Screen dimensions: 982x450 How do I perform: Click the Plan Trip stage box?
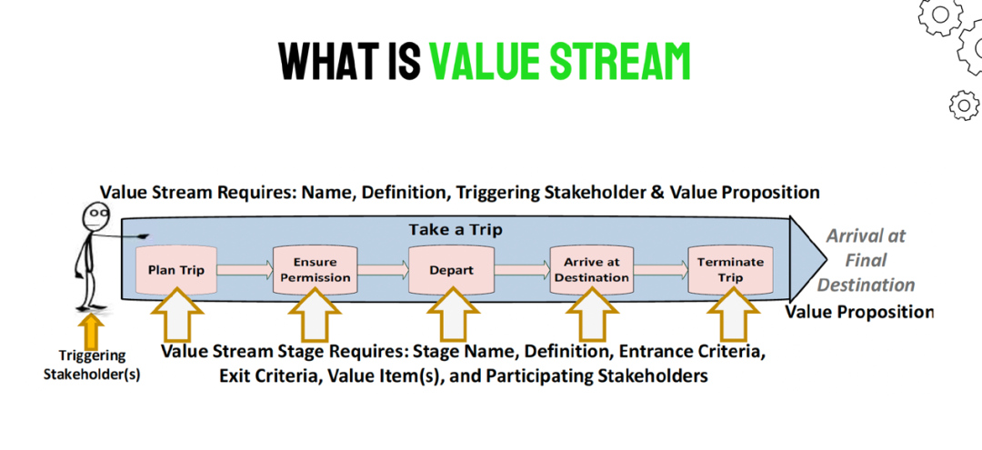click(177, 270)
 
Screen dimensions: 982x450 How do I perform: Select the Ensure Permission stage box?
click(316, 270)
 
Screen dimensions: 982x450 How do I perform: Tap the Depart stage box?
click(452, 270)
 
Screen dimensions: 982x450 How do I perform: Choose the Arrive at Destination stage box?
click(592, 270)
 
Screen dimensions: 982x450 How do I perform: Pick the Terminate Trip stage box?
click(730, 270)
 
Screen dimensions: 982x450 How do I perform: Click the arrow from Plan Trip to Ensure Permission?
click(245, 270)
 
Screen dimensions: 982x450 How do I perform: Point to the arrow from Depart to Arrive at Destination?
click(522, 270)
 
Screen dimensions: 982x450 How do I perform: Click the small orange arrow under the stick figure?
click(92, 331)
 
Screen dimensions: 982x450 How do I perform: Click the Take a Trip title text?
click(456, 230)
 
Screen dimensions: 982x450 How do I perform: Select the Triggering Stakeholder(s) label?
click(93, 365)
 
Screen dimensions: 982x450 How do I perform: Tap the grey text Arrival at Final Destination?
click(867, 260)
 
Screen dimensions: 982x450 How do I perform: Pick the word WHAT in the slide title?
click(333, 61)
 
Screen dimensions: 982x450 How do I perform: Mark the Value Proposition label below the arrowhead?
click(859, 311)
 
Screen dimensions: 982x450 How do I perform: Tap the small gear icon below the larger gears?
click(964, 105)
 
